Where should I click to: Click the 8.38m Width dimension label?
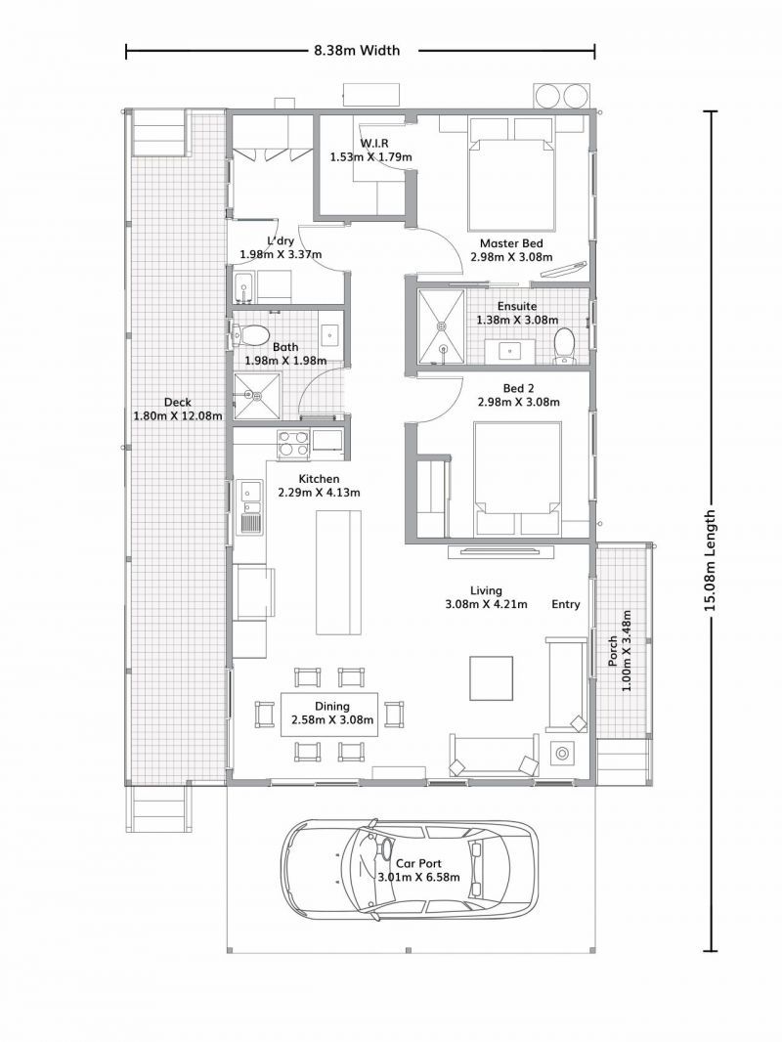point(357,51)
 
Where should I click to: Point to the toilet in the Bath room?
point(253,335)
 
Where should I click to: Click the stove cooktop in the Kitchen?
point(293,445)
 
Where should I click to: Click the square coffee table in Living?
point(492,675)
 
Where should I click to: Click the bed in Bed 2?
point(517,478)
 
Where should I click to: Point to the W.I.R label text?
point(374,143)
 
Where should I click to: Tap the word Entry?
point(565,604)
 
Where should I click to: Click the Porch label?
point(613,651)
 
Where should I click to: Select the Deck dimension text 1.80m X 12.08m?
point(177,415)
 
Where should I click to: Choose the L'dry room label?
point(281,240)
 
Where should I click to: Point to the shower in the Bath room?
point(254,397)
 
